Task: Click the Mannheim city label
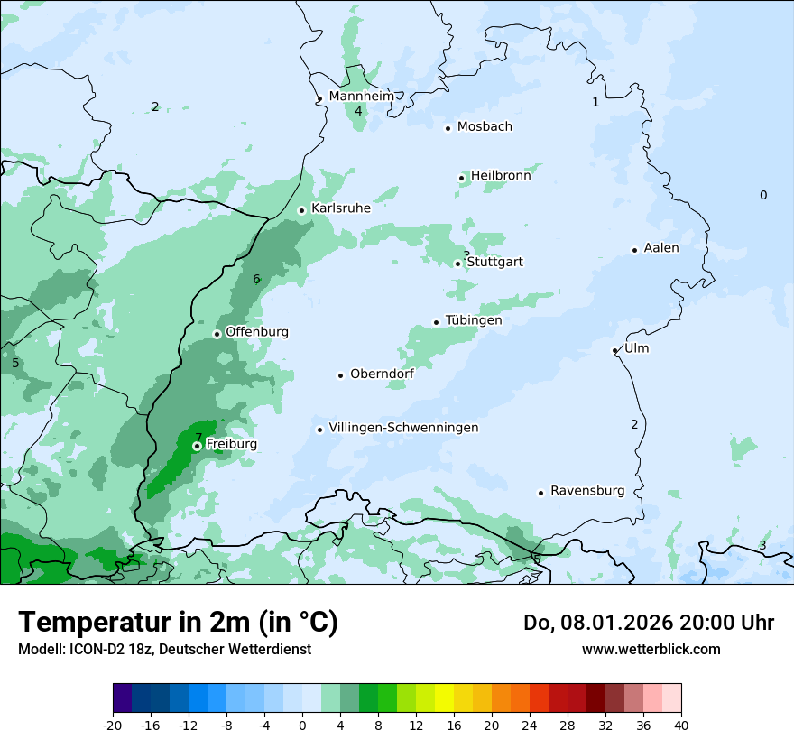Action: coord(361,96)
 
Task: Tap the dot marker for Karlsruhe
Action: coord(302,210)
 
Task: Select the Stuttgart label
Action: coord(494,262)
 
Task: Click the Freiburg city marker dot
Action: coord(197,446)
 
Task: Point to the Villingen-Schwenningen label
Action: coord(403,428)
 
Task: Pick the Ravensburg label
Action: coord(587,491)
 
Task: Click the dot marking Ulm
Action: coord(614,350)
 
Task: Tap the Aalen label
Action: coord(661,248)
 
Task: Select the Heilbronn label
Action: coord(501,176)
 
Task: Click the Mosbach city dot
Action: coord(448,128)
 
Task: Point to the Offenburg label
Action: coord(257,332)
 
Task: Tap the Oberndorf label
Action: coord(383,374)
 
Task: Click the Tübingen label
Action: coord(474,320)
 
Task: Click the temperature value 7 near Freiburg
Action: coord(198,438)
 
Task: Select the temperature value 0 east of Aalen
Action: coord(763,195)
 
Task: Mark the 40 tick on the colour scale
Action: coord(680,725)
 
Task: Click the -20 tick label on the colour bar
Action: coord(113,725)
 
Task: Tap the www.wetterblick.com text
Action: coord(651,649)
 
